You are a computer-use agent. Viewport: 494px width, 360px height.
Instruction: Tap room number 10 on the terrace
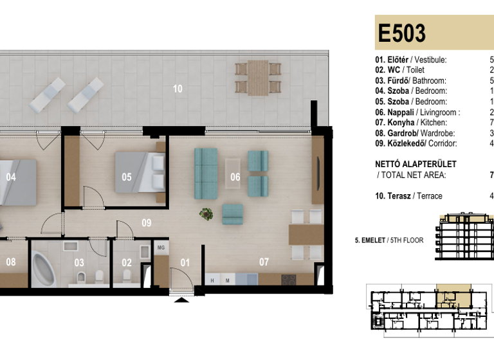(178, 89)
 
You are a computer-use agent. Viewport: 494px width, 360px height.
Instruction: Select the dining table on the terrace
(259, 76)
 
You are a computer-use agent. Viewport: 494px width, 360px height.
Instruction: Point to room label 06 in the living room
(235, 177)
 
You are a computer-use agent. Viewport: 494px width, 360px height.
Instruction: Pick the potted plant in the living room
(206, 214)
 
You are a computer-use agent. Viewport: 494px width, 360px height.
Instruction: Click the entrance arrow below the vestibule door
(183, 299)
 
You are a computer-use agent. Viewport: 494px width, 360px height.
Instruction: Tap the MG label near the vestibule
(161, 247)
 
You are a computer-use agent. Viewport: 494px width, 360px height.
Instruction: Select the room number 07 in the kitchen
(264, 262)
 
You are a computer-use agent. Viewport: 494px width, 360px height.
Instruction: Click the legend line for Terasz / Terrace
(408, 196)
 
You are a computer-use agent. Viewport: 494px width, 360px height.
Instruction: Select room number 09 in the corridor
(147, 223)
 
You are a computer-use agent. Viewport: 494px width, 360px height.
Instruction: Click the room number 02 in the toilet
(127, 263)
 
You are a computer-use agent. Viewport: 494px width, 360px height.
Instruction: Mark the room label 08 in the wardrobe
(11, 262)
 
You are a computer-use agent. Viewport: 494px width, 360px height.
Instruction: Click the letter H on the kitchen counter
(212, 281)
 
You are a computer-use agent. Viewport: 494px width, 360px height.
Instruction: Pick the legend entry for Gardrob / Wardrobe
(411, 133)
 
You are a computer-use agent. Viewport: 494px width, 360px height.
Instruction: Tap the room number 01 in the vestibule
(185, 262)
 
